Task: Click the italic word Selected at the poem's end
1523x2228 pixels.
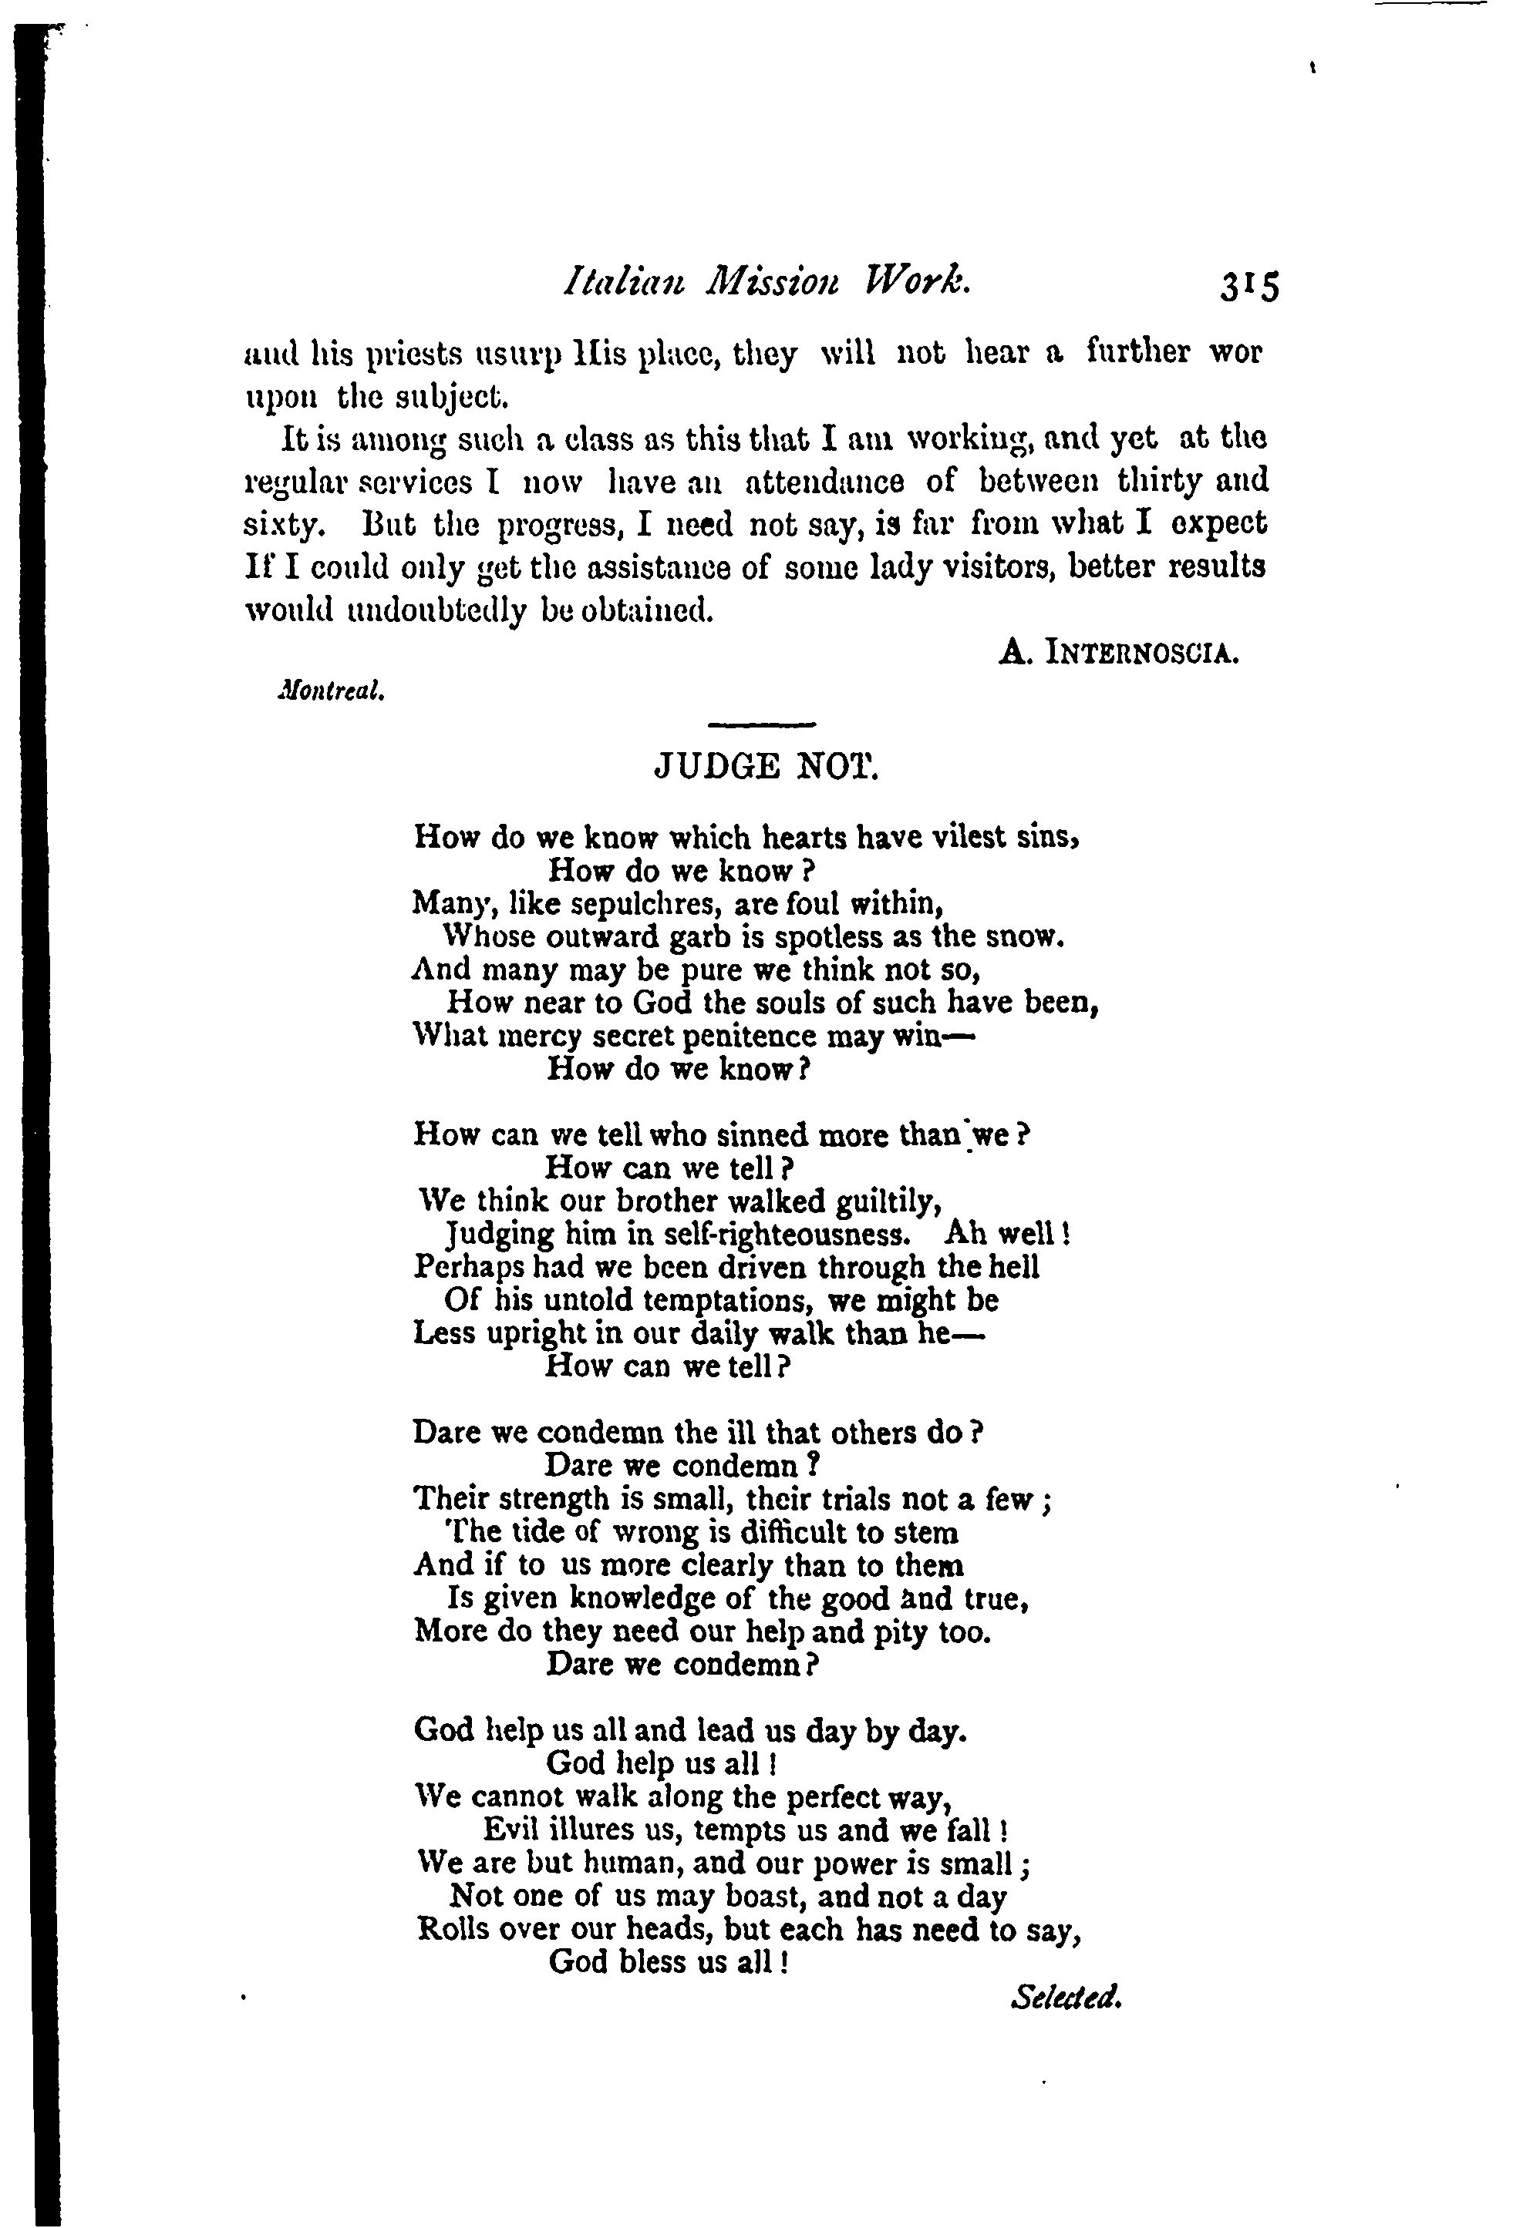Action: click(1066, 1997)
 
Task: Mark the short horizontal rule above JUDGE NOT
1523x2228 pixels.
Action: click(762, 724)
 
